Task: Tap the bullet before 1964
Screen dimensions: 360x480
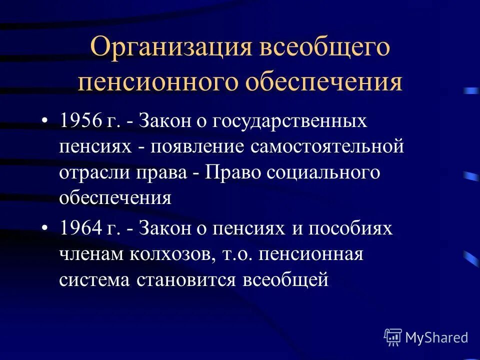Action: click(x=45, y=229)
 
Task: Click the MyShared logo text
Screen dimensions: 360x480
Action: click(x=436, y=337)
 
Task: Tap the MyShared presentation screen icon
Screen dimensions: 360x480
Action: click(x=393, y=337)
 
